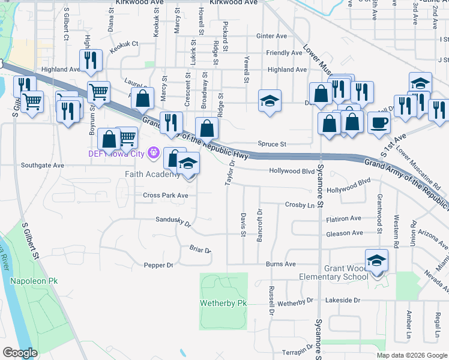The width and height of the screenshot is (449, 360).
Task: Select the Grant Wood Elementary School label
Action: pos(334,272)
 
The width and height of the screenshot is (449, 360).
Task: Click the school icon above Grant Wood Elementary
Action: pos(376,260)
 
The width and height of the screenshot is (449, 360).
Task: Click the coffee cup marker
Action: pos(378,122)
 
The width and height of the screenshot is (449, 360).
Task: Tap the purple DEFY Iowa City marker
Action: pos(153,154)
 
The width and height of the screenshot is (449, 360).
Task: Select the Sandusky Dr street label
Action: pos(173,223)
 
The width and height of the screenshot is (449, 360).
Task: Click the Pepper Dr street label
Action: pos(158,265)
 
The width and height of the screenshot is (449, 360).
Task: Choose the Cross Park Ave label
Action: pos(165,196)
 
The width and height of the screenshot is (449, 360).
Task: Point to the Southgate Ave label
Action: pos(42,165)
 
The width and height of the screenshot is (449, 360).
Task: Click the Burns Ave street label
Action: pos(281,264)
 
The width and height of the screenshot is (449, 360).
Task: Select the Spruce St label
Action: pos(272,144)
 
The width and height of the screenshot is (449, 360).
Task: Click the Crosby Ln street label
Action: pos(300,205)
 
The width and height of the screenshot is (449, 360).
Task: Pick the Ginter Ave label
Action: pos(271,36)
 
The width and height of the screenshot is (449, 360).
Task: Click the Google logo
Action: pos(20,353)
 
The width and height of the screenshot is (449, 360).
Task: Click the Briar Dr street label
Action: pos(200,249)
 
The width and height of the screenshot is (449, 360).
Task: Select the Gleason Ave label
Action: pos(345,233)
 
